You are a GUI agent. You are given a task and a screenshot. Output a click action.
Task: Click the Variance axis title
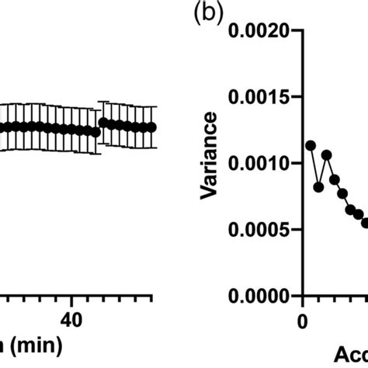click(208, 164)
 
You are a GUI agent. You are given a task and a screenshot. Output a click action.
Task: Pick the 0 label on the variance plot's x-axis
click(302, 321)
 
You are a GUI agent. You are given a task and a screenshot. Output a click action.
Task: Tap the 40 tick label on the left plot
click(71, 321)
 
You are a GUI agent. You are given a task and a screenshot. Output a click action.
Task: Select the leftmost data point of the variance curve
click(311, 145)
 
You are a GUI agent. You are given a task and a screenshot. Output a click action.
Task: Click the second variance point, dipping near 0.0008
click(318, 187)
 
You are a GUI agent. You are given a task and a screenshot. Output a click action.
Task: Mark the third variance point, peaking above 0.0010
click(327, 155)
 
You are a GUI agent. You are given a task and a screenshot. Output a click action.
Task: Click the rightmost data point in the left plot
click(152, 127)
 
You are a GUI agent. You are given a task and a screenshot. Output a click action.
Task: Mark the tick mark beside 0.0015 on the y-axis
click(296, 97)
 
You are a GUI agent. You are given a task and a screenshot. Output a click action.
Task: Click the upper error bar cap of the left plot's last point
click(152, 106)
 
